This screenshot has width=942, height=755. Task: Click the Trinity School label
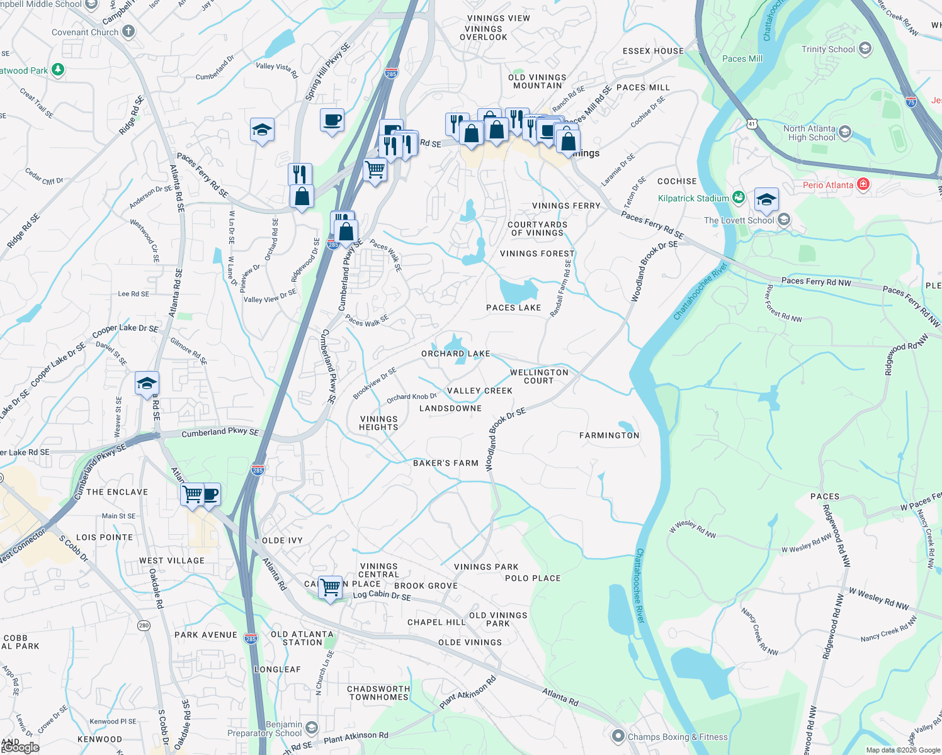[x=828, y=49]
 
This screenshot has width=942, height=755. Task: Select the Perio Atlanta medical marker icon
[x=863, y=184]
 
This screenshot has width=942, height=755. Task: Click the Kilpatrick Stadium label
[x=693, y=198]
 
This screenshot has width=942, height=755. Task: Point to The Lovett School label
[x=739, y=220]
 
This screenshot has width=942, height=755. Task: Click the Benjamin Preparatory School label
[x=265, y=729]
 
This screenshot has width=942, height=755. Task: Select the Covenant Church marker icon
[x=128, y=31]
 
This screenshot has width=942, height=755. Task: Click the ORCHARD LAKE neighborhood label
[x=455, y=354]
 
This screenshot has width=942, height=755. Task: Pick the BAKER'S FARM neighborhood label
[x=446, y=463]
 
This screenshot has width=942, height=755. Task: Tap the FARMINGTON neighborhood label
[x=609, y=435]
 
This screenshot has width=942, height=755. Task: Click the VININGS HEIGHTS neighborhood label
[x=378, y=423]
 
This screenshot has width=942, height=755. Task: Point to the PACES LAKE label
[x=513, y=308]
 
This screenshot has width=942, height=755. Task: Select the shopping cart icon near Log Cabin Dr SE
[x=330, y=588]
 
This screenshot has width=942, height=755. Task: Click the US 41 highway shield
[x=752, y=124]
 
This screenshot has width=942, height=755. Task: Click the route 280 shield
[x=144, y=625]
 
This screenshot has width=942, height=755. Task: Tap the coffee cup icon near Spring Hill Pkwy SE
[x=332, y=120]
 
